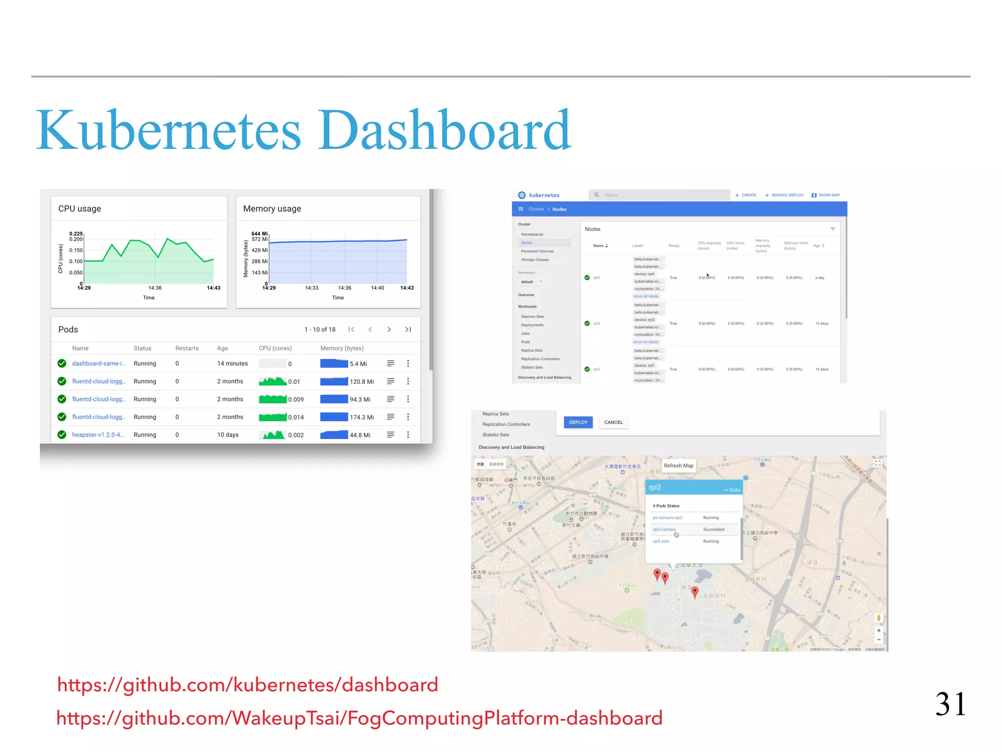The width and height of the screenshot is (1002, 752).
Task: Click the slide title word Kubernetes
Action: [x=168, y=131]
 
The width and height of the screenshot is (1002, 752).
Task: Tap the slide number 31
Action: [x=950, y=704]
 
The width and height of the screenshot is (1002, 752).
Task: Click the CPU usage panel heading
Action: [x=80, y=209]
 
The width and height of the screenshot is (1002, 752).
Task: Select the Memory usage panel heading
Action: [x=272, y=209]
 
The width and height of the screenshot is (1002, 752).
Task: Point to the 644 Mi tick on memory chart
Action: [x=259, y=234]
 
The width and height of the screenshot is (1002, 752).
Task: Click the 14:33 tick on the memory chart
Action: [x=312, y=288]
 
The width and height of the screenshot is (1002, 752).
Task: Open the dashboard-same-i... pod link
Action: [x=99, y=363]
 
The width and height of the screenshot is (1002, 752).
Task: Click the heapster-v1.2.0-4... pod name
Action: [x=98, y=435]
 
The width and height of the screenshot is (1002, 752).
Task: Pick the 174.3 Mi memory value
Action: [x=362, y=417]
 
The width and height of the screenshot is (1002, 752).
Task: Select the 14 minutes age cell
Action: [x=232, y=363]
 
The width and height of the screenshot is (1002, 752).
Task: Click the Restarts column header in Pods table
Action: [x=187, y=348]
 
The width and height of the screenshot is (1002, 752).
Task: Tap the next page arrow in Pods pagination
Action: [x=389, y=329]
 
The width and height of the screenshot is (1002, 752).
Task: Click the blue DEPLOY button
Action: [x=578, y=422]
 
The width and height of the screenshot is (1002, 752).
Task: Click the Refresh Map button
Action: [x=678, y=466]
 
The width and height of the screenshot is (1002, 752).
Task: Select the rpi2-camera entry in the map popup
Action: [x=664, y=529]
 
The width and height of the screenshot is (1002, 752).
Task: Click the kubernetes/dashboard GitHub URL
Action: [x=248, y=684]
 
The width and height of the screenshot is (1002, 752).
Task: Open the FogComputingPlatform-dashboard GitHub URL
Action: [x=359, y=718]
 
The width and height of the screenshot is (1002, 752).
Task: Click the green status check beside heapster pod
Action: [x=62, y=435]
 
